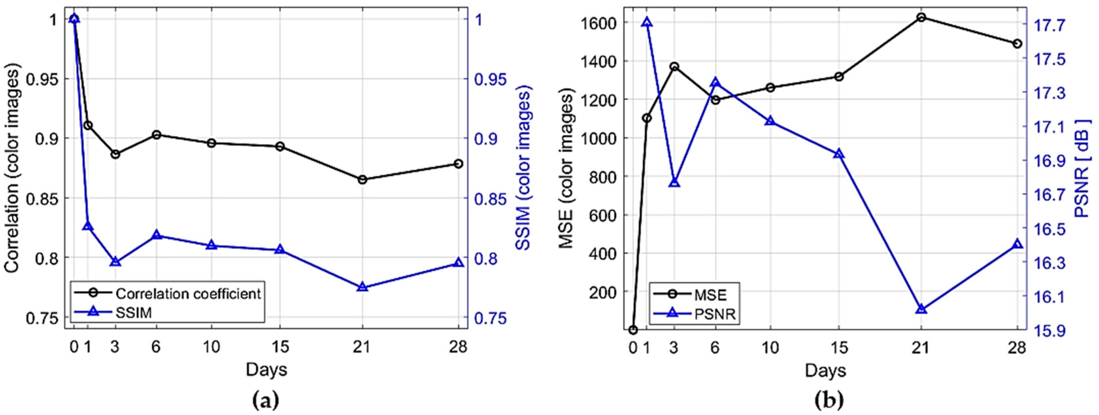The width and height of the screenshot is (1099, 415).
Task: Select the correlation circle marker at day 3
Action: pyautogui.click(x=115, y=154)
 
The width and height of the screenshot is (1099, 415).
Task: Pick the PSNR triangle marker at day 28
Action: pyautogui.click(x=1018, y=244)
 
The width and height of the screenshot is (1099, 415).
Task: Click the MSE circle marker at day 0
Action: pyautogui.click(x=633, y=330)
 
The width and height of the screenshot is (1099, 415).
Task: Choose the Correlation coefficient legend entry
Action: pyautogui.click(x=188, y=294)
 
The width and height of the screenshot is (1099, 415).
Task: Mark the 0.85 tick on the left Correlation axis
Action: pyautogui.click(x=43, y=198)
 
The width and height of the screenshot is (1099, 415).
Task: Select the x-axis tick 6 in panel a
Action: pyautogui.click(x=156, y=347)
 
